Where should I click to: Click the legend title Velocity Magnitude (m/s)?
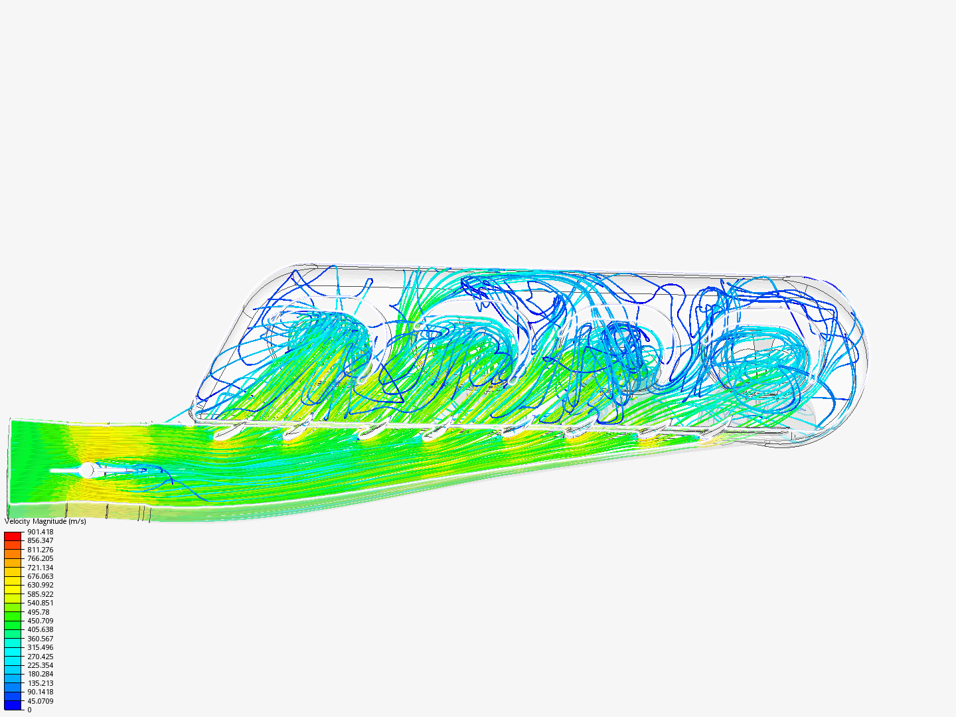(45, 521)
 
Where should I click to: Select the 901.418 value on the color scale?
(40, 532)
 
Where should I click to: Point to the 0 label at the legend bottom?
(29, 710)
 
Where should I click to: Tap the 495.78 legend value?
(38, 612)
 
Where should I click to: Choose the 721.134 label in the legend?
(40, 568)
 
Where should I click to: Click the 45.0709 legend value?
(40, 701)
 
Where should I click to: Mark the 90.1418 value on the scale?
(40, 692)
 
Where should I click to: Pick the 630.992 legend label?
(40, 585)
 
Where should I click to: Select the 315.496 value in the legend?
(40, 647)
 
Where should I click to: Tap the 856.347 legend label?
(40, 540)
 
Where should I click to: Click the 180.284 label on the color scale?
(40, 674)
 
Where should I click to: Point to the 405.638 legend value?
(40, 629)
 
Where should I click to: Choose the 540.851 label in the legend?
(40, 603)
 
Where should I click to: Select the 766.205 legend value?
(40, 558)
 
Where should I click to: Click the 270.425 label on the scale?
(40, 657)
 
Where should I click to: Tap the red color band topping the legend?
(13, 536)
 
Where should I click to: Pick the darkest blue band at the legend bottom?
(13, 705)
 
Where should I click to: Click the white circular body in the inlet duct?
(86, 470)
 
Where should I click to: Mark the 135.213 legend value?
(40, 683)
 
